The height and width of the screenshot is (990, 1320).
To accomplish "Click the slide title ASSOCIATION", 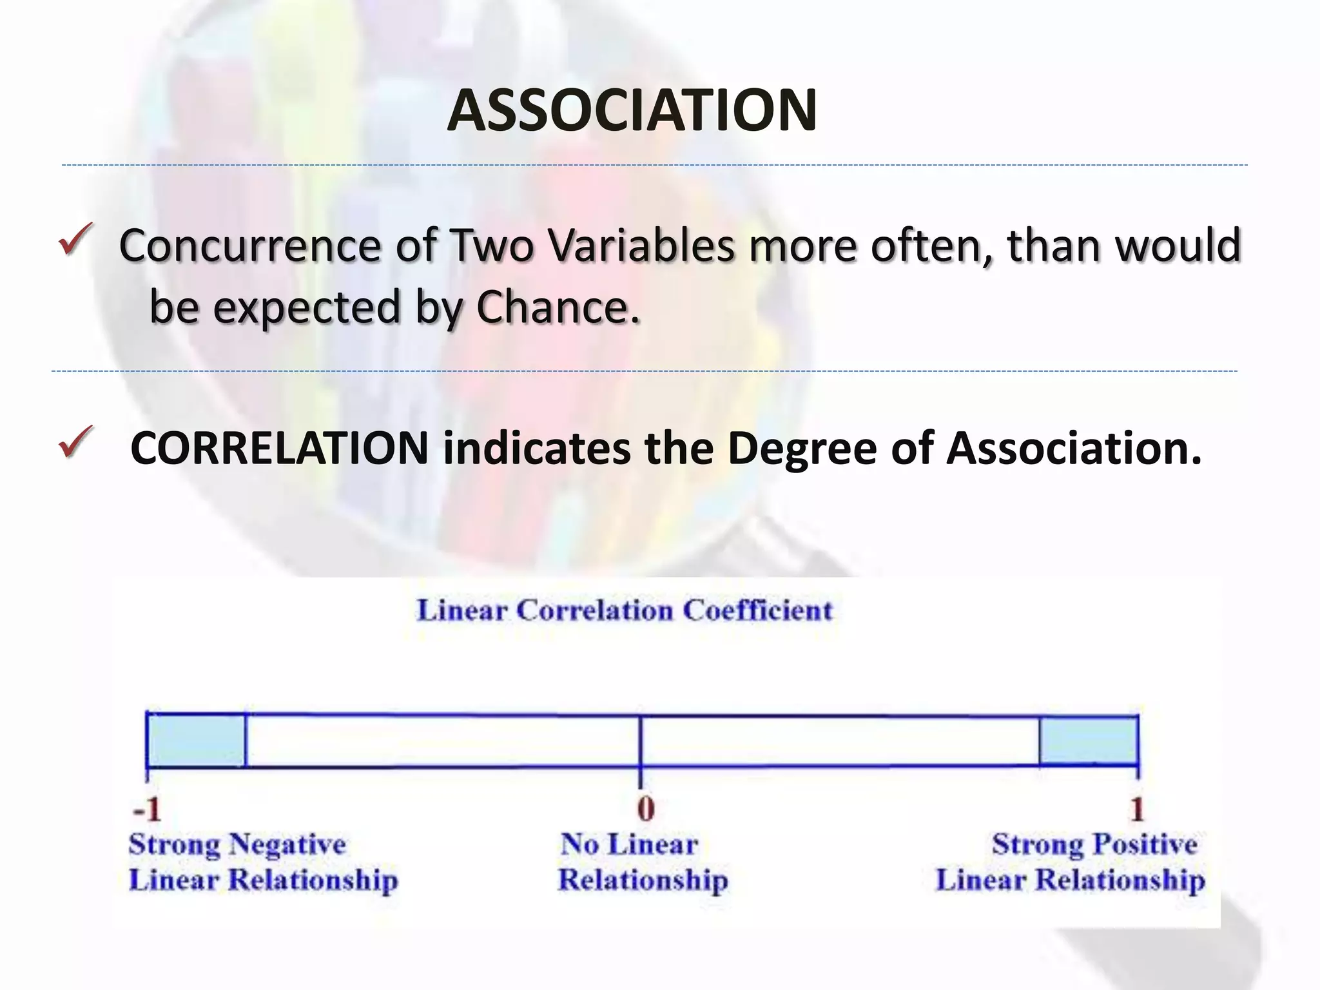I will (x=632, y=111).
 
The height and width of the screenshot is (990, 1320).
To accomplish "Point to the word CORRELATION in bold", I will (x=279, y=448).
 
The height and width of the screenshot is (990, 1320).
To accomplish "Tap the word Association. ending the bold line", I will (x=1074, y=448).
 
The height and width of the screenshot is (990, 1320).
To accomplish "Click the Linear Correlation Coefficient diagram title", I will (x=625, y=610).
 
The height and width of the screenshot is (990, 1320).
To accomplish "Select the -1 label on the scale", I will (x=146, y=809).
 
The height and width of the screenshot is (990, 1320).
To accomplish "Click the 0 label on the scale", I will (x=645, y=809).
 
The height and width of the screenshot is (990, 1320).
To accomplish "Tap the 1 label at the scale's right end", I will (x=1137, y=809).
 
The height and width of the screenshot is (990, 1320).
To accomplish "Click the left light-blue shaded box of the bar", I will (x=196, y=740).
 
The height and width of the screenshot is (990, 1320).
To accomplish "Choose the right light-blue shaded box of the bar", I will (x=1088, y=740).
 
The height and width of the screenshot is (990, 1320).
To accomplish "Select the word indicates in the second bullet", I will (x=536, y=448).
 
